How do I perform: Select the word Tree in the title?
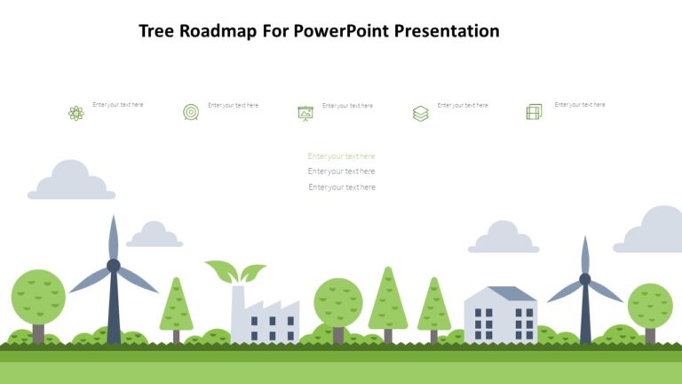158,31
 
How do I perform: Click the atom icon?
75,113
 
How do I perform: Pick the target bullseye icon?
191,112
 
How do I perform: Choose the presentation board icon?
305,113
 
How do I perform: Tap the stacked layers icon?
420,113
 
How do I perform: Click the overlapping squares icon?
534,112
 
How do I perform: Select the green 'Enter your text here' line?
341,156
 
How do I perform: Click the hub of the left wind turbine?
114,265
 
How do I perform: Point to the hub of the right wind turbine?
584,279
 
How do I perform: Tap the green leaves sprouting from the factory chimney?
235,271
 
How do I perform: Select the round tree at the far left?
38,296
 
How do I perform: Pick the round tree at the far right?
650,305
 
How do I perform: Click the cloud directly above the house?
504,238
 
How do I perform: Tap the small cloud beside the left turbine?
155,236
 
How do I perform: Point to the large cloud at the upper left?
71,181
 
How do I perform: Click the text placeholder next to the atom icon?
118,105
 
